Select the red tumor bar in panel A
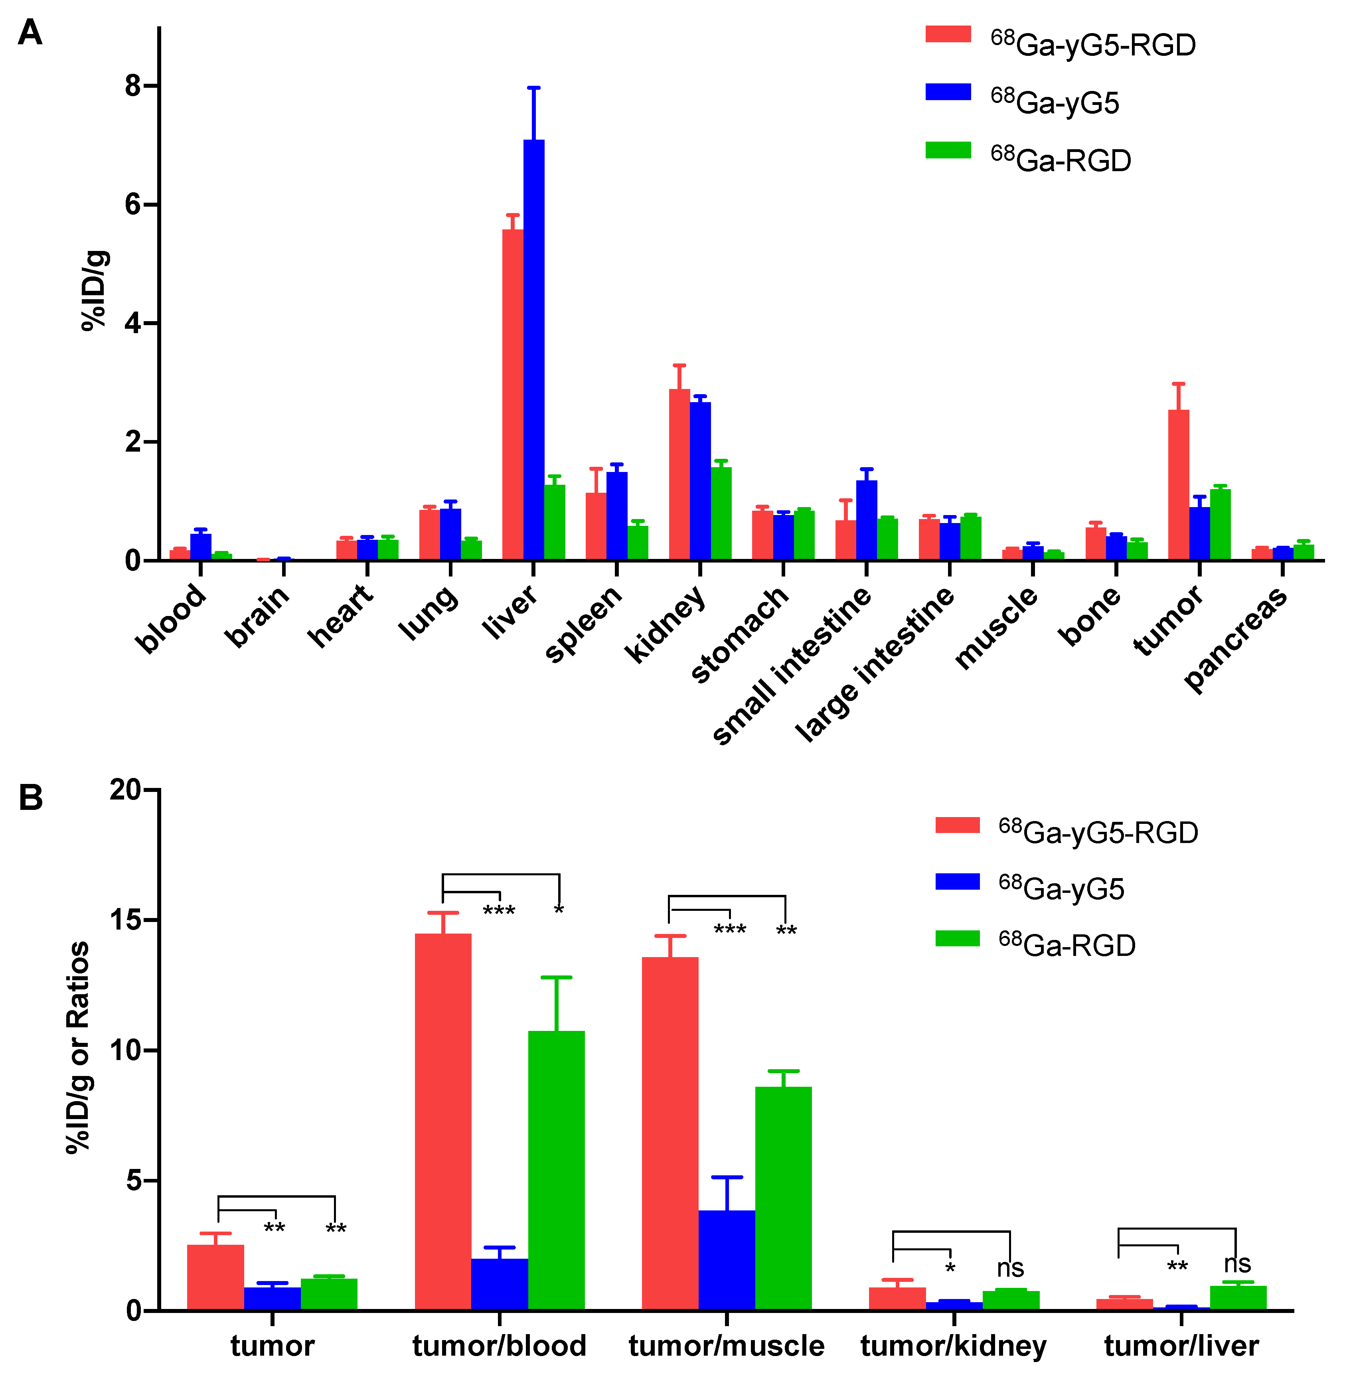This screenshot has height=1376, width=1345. [1178, 485]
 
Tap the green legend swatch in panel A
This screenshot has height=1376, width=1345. [948, 150]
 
